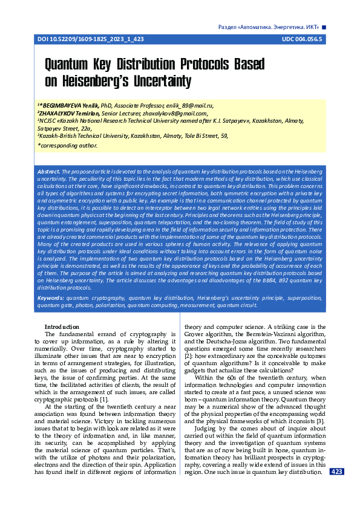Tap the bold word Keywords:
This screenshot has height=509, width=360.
pyautogui.click(x=51, y=298)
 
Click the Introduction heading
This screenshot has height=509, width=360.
pyautogui.click(x=63, y=327)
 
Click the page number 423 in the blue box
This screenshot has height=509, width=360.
pyautogui.click(x=337, y=472)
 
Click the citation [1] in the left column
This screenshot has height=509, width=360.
pyautogui.click(x=105, y=400)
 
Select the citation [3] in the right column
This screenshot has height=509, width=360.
pyautogui.click(x=322, y=421)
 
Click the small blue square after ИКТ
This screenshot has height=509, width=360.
pyautogui.click(x=324, y=27)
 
